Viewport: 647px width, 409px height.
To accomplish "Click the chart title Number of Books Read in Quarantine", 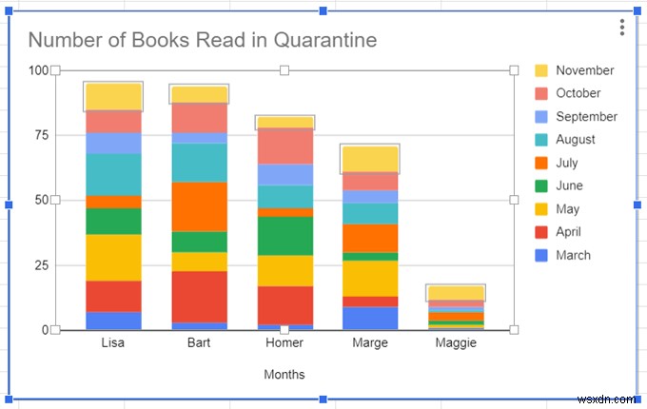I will (202, 40).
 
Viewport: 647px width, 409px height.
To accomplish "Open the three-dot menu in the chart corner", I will (621, 28).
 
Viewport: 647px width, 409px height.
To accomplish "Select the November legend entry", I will (584, 70).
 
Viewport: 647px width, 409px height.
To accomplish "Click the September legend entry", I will (586, 117).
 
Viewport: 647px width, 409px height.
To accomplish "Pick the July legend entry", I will (566, 163).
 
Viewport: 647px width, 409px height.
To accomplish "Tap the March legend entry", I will (573, 255).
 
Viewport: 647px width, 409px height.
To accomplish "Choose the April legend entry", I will (568, 232).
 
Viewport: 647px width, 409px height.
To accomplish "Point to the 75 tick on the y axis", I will (39, 135).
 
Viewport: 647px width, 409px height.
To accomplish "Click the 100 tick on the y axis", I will (37, 70).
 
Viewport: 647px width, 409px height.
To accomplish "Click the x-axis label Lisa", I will (113, 343).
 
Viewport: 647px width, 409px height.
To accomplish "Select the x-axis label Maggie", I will (456, 343).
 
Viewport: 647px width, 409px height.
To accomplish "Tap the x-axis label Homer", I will (284, 343).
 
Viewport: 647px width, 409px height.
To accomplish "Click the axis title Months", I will (284, 375).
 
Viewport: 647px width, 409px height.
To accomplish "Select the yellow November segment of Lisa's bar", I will (113, 96).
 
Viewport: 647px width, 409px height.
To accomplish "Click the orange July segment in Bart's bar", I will (199, 206).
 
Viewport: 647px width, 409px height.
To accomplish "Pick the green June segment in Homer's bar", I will (284, 236).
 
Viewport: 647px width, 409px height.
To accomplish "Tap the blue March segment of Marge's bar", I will (370, 318).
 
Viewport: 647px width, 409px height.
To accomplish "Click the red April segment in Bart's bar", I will (199, 296).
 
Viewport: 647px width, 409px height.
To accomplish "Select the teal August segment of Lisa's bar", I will (113, 174).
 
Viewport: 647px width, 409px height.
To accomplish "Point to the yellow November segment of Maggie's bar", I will (456, 293).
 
